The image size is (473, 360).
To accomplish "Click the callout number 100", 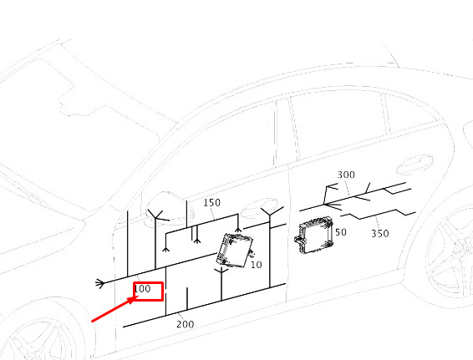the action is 142,289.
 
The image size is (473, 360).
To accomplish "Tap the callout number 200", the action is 186,324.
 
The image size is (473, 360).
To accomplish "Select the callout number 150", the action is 211,203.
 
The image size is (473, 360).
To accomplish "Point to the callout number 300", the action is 346,175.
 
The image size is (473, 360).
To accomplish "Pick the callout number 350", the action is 380,234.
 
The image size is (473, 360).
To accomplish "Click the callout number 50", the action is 341,232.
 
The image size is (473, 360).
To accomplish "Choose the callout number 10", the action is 256,265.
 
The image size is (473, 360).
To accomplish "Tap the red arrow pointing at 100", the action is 114,309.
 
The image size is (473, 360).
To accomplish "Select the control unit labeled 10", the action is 235,251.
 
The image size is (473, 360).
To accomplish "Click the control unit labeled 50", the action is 313,235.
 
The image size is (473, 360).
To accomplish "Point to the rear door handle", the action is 415,165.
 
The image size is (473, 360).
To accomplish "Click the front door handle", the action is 259,208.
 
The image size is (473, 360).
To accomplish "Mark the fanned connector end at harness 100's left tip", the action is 100,283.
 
